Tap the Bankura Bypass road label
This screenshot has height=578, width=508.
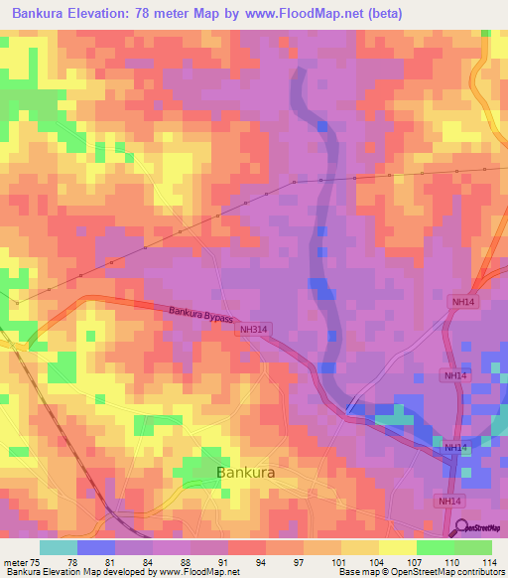pos(199,315)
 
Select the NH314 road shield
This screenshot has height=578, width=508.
pos(254,329)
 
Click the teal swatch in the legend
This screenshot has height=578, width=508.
pos(59,547)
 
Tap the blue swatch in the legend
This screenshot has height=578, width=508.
pos(96,547)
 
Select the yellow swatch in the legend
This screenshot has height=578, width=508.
pos(397,547)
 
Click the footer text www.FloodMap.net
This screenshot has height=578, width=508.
pos(202,572)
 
